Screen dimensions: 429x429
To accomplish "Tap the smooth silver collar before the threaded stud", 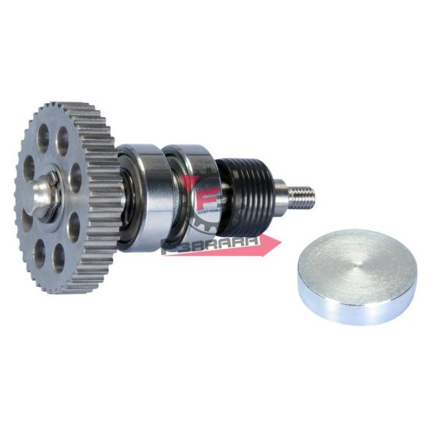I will pyautogui.click(x=277, y=191).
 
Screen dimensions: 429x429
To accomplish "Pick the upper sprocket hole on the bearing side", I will pyautogui.click(x=75, y=179).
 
